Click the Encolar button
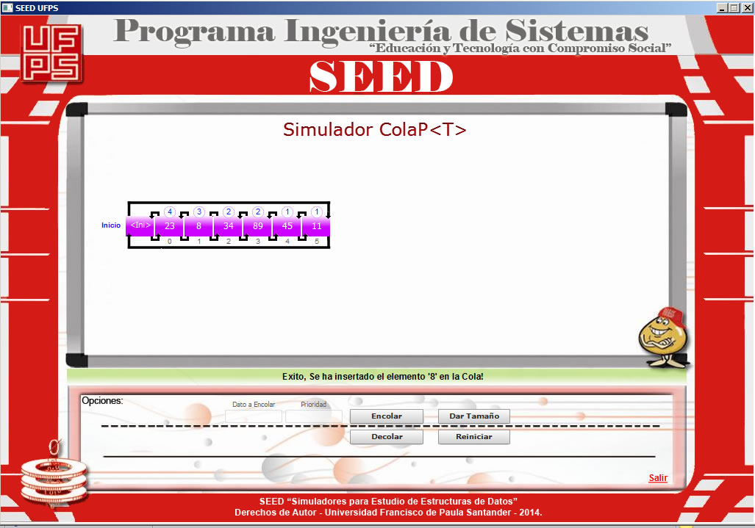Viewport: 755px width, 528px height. point(386,416)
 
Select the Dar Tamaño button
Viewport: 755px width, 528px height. point(473,416)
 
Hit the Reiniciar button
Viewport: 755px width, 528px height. point(473,437)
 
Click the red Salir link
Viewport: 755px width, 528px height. point(658,478)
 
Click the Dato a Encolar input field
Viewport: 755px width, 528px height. point(253,416)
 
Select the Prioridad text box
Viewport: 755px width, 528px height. point(313,416)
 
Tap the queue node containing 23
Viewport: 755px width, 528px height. point(170,226)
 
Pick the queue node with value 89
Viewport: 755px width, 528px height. point(257,226)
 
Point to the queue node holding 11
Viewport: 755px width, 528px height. point(317,226)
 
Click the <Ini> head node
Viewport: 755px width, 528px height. point(140,225)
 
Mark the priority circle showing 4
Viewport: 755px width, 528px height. point(170,211)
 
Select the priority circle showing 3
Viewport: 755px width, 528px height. point(199,211)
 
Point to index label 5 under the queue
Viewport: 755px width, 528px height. point(317,241)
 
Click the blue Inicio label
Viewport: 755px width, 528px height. point(111,225)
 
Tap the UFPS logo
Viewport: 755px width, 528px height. point(51,53)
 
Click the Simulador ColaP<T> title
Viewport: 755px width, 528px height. point(375,130)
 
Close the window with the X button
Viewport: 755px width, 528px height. point(746,7)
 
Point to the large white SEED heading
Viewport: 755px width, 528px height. point(381,76)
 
